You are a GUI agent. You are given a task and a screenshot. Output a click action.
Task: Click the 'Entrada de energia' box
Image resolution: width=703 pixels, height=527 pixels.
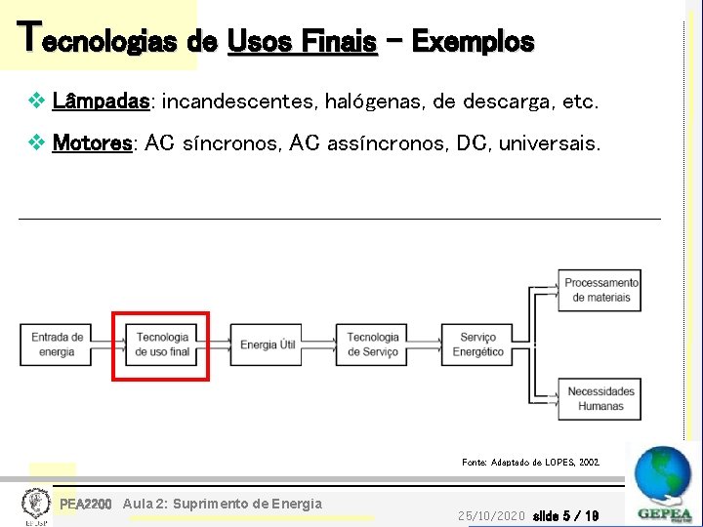click(x=58, y=345)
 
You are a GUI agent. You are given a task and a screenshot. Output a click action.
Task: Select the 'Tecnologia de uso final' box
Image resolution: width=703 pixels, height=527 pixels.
click(x=163, y=345)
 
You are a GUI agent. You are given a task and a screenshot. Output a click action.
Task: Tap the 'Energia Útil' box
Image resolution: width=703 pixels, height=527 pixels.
click(x=268, y=345)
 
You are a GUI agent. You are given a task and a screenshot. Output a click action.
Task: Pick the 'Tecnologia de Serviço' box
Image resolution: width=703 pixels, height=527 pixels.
click(x=372, y=345)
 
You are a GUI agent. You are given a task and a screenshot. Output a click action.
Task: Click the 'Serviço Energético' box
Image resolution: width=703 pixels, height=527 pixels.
click(x=477, y=345)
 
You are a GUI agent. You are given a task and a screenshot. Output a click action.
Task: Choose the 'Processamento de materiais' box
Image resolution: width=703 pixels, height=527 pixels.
click(x=600, y=290)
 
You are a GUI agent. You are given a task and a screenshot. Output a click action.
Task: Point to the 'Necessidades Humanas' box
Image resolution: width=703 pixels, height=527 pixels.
click(x=600, y=398)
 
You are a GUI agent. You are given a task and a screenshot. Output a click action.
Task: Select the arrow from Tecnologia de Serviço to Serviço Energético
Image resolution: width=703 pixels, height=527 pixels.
click(x=425, y=345)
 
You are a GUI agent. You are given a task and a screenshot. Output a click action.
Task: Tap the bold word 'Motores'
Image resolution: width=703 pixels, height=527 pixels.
click(x=92, y=144)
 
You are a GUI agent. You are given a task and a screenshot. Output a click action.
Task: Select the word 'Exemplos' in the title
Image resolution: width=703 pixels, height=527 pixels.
click(x=473, y=42)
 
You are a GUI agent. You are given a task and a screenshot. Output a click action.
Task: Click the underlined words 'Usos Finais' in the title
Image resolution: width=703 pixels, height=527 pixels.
click(x=302, y=42)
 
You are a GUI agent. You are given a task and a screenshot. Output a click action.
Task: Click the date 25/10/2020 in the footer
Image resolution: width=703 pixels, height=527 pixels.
click(x=491, y=515)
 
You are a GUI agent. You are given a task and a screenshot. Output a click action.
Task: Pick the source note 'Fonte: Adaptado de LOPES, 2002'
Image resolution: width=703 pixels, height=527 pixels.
click(x=530, y=462)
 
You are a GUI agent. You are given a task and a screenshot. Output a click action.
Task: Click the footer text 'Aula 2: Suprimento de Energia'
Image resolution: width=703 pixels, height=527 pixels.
click(x=223, y=504)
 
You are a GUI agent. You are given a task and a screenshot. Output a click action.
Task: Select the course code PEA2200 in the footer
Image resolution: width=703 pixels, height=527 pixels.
click(x=86, y=504)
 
